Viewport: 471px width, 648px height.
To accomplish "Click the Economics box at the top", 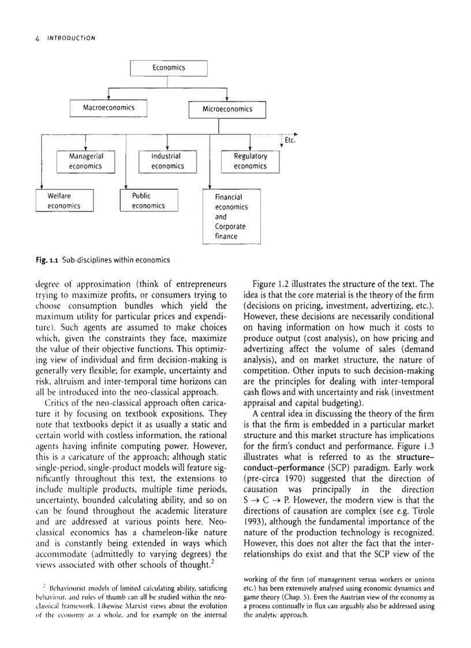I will (x=169, y=68).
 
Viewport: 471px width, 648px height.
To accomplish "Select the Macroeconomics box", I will (x=109, y=108).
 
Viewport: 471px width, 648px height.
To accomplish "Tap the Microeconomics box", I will (x=227, y=109).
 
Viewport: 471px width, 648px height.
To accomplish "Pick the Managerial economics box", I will (x=86, y=161).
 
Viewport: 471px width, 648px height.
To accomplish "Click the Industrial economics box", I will (x=167, y=161).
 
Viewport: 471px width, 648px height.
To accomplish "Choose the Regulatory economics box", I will (x=250, y=161).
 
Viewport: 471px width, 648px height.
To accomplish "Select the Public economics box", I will (x=148, y=201).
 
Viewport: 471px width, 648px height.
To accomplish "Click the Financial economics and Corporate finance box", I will (x=230, y=216).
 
